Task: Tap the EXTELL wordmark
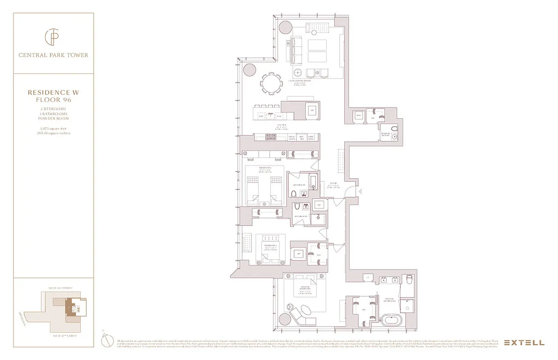[524, 342]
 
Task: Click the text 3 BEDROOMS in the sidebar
[54, 109]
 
